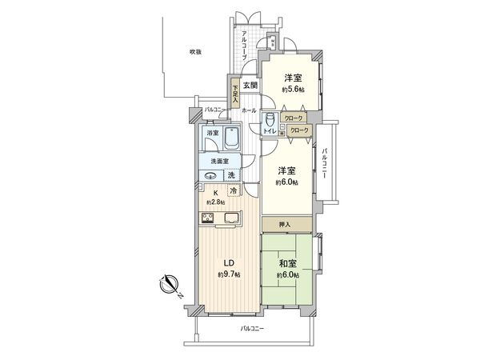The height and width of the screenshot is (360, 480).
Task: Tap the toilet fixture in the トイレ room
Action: point(270,121)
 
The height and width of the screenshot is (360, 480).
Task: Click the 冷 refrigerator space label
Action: point(233,190)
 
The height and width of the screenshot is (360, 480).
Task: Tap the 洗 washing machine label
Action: point(231,175)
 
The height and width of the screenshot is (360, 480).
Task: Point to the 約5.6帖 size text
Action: point(292,90)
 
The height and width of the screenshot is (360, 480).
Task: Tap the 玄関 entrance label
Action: point(250,86)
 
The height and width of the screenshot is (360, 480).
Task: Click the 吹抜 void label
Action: point(195,51)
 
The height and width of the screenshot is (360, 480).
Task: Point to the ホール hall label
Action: point(248,110)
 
